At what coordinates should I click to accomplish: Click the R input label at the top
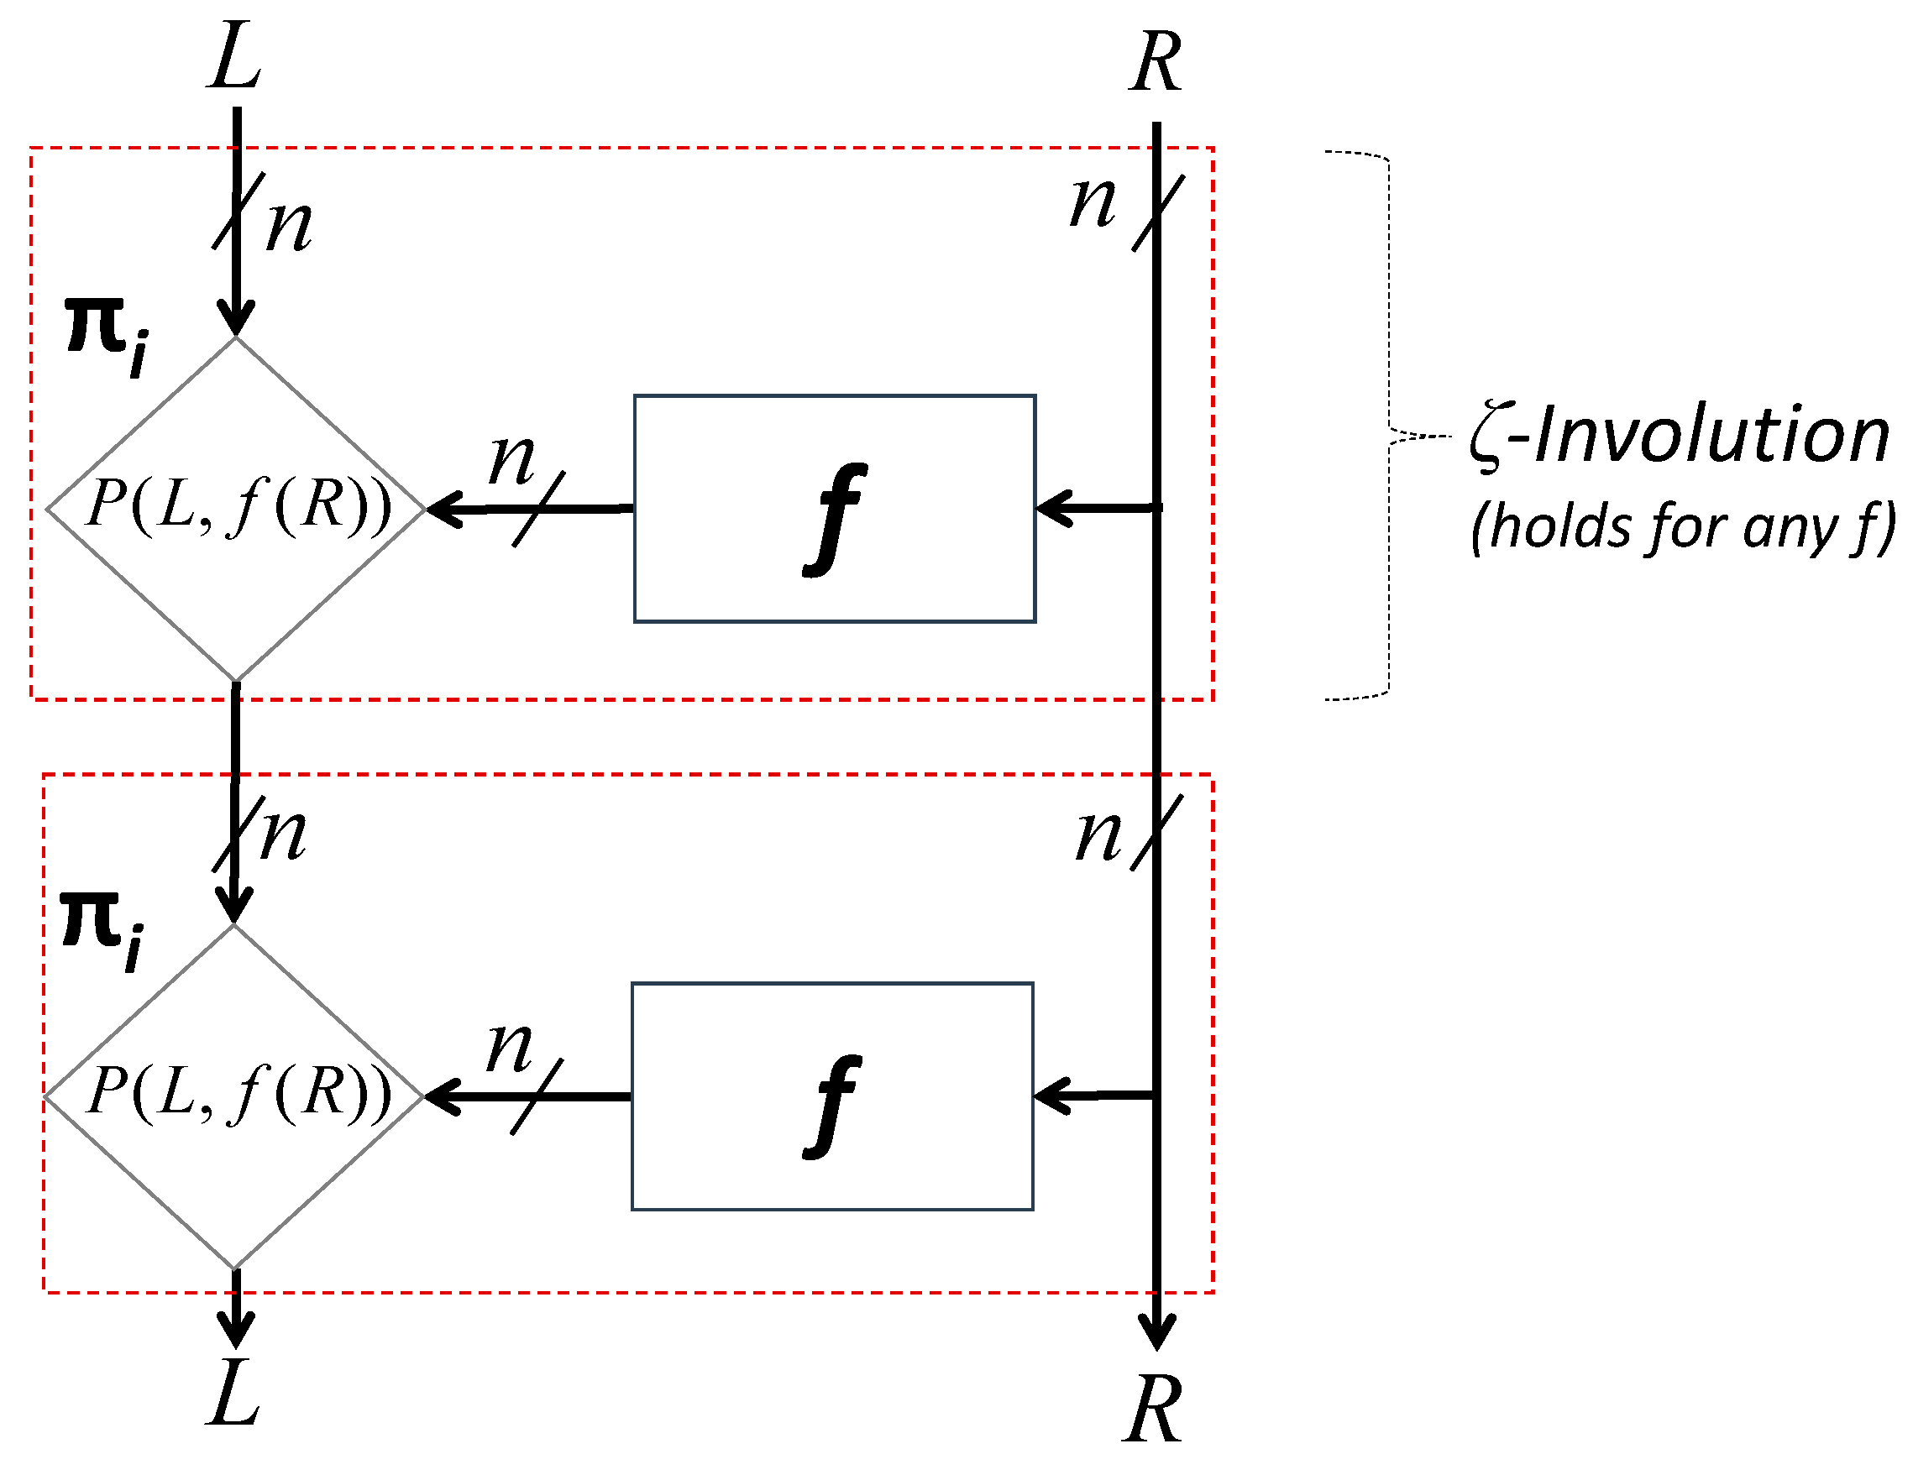point(1156,62)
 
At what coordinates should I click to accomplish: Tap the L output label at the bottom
point(233,1394)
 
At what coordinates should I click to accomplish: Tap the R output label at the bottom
point(1153,1410)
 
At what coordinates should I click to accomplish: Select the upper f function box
point(834,509)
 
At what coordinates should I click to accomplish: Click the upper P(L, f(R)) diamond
point(236,507)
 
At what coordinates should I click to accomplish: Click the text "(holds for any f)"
point(1682,528)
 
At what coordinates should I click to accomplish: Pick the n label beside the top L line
point(290,226)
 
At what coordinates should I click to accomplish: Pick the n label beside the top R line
point(1093,203)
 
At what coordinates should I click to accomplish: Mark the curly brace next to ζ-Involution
point(1389,426)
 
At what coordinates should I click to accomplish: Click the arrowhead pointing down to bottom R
point(1156,1332)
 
